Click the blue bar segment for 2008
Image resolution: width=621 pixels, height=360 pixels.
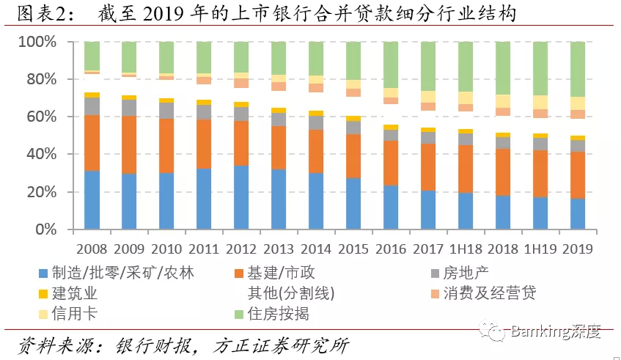tap(92, 199)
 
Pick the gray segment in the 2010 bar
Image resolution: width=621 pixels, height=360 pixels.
tap(166, 111)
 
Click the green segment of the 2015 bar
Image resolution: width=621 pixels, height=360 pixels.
tap(353, 61)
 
